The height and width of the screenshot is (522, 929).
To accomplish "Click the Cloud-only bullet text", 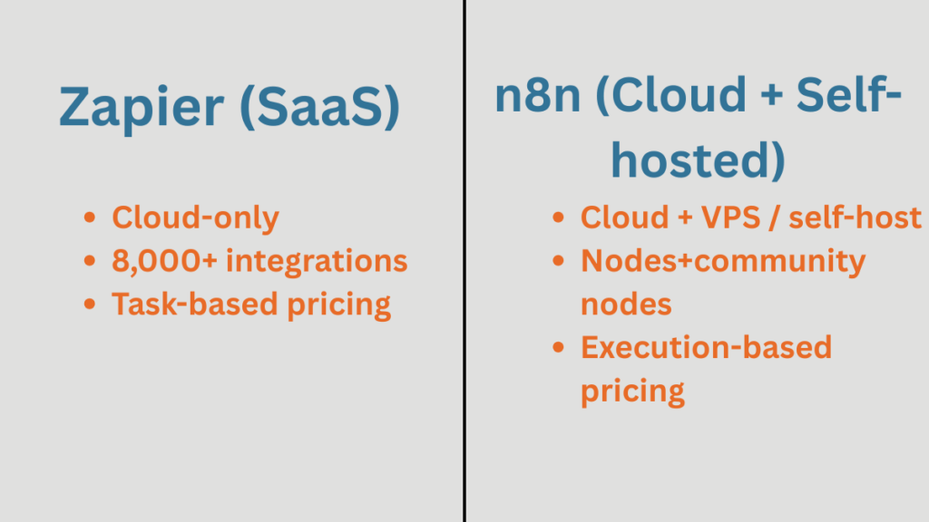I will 195,217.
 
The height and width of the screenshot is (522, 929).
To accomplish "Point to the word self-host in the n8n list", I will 862,217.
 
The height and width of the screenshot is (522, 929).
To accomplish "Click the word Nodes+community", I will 723,261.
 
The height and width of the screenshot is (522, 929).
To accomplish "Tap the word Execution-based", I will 706,348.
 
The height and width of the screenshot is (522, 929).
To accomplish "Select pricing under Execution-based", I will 632,391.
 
